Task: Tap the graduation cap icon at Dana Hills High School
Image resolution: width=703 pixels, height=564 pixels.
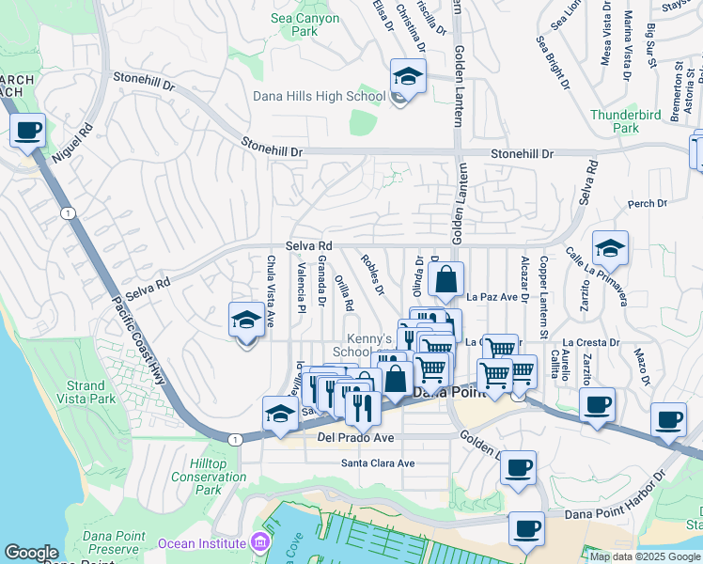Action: [x=408, y=76]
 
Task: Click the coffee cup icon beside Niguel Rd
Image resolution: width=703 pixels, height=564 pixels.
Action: [x=28, y=130]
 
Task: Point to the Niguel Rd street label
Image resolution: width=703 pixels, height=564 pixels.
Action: [x=71, y=143]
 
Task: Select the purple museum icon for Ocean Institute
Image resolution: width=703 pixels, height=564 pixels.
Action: [x=260, y=543]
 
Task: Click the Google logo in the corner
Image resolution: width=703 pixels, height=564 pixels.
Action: [x=31, y=553]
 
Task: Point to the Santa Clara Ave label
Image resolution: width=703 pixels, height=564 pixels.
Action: [x=378, y=463]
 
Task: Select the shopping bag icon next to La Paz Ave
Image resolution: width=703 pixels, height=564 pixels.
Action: [x=446, y=279]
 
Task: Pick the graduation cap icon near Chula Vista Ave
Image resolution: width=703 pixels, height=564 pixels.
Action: [x=246, y=321]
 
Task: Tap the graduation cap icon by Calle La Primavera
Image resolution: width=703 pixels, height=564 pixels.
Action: [x=610, y=248]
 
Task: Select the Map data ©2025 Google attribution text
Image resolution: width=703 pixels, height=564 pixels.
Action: [x=645, y=556]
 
